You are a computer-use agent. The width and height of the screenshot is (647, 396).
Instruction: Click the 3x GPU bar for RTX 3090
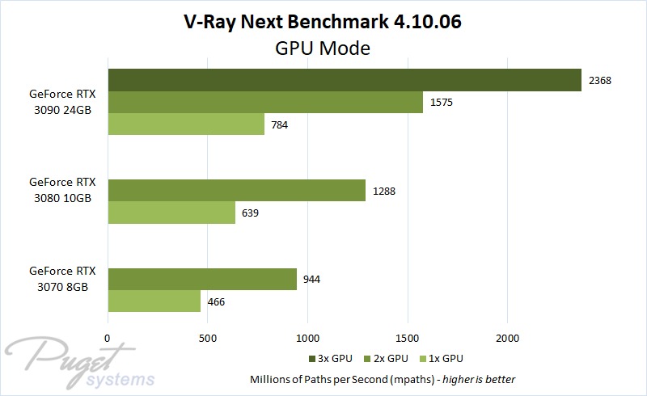[344, 80]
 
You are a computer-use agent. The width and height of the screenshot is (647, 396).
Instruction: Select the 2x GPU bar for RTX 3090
[264, 103]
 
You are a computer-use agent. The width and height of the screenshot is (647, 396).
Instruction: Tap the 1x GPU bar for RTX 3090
[185, 124]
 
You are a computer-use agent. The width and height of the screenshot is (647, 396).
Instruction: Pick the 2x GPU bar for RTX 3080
[236, 191]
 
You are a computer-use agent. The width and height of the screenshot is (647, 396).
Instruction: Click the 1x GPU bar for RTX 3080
[171, 213]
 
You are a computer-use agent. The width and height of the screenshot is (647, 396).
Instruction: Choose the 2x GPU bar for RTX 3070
[201, 279]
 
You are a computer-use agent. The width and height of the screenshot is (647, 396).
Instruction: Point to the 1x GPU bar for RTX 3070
[154, 301]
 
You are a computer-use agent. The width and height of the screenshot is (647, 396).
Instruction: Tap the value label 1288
[386, 191]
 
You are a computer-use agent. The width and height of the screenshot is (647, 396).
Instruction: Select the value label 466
[216, 301]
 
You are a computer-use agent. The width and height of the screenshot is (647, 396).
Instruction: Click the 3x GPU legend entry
[332, 357]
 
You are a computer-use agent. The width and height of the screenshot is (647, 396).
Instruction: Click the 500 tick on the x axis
[208, 339]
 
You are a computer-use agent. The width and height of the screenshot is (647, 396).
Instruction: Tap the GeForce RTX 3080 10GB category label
[62, 190]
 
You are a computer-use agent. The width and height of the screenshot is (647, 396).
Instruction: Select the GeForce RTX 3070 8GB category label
[62, 279]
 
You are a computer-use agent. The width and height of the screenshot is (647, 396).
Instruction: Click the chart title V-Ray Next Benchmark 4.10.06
[323, 22]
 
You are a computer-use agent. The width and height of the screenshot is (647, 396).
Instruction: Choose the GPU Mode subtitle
[323, 48]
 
